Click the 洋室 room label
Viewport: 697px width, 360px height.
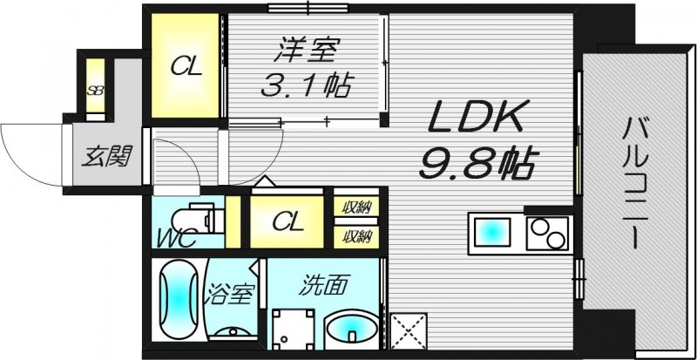point(304,51)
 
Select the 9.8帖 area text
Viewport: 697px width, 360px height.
point(478,162)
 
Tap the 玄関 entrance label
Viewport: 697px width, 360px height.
point(107,157)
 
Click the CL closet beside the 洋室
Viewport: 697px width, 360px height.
point(186,66)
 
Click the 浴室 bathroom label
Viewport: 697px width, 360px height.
point(231,294)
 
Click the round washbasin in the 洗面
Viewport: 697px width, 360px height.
point(351,332)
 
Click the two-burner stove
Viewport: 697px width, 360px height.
point(550,232)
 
